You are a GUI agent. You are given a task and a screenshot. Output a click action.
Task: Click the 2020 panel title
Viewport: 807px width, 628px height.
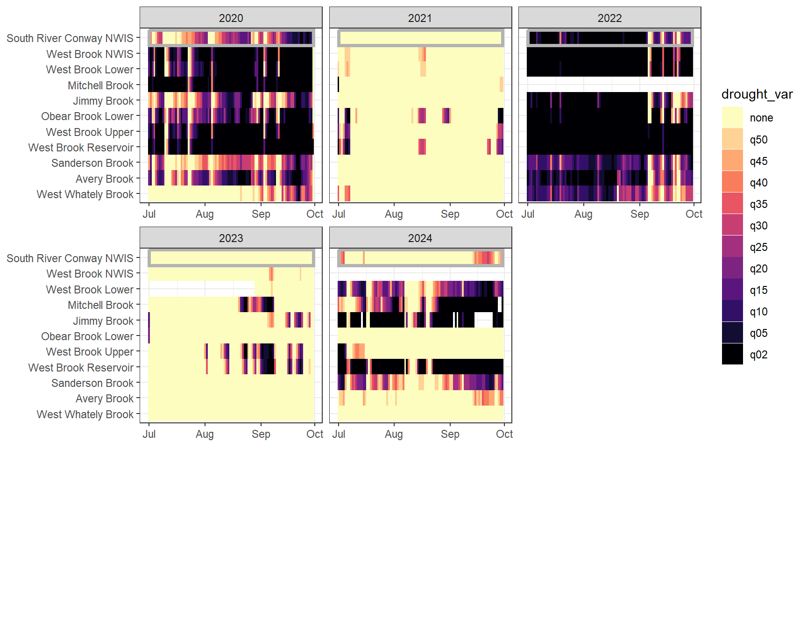point(231,18)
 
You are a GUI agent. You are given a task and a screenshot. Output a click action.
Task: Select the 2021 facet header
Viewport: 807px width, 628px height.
point(420,18)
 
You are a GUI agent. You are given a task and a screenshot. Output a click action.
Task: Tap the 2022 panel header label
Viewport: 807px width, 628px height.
point(609,18)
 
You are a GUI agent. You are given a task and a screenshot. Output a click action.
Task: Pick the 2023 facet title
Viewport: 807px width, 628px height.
point(231,238)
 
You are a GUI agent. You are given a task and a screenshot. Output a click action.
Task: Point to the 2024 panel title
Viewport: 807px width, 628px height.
point(420,238)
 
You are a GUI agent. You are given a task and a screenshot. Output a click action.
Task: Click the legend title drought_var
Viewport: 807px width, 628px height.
point(757,94)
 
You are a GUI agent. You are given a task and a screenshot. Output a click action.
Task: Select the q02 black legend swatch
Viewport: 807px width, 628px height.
point(732,354)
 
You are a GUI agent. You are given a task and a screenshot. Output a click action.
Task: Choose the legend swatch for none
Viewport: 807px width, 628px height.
point(732,117)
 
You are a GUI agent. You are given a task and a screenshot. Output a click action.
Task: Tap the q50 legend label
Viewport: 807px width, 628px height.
point(758,140)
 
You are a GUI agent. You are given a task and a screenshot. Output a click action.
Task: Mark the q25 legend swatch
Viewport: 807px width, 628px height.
point(732,247)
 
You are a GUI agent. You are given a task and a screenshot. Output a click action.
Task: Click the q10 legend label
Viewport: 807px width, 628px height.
point(758,312)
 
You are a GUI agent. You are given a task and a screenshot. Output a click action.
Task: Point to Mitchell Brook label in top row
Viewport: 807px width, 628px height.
point(100,86)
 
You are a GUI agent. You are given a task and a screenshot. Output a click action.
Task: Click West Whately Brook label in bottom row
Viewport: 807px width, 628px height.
point(85,414)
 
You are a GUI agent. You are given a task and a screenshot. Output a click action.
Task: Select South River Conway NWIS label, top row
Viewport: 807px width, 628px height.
point(70,38)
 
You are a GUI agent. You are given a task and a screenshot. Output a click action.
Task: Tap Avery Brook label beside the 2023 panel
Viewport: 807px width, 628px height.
point(105,399)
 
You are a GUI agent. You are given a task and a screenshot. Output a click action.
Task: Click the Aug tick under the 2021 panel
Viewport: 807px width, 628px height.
point(394,214)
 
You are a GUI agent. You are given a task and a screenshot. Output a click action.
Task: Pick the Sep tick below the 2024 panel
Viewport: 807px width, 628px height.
point(450,434)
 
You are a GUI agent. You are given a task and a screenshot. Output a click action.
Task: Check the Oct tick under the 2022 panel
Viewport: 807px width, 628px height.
point(694,214)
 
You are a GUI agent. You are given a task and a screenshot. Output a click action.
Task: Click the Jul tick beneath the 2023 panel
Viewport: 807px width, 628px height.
point(149,434)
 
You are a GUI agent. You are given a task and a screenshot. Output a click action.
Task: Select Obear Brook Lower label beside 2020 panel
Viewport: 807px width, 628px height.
point(87,116)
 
